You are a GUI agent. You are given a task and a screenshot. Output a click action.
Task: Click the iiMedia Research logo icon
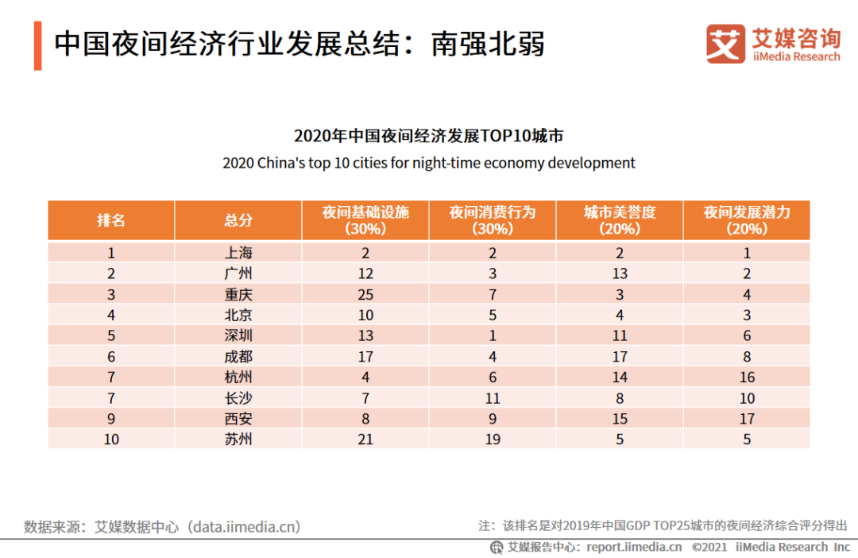(x=725, y=44)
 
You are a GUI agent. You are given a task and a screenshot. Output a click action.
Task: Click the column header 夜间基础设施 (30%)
(x=365, y=220)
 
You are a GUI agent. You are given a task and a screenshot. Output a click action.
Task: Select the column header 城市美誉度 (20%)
(x=620, y=220)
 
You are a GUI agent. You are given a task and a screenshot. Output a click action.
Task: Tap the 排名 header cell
(x=111, y=220)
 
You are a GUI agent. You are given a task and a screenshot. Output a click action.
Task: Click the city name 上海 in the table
(x=238, y=254)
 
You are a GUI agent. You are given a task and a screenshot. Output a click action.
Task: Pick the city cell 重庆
(x=238, y=295)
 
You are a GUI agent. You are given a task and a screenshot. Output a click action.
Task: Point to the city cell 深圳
(x=238, y=336)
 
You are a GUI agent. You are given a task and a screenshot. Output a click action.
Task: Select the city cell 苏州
(x=238, y=439)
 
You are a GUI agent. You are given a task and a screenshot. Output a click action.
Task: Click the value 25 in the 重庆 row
(x=365, y=295)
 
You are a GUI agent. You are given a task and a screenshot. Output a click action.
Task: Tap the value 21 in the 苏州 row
(x=365, y=439)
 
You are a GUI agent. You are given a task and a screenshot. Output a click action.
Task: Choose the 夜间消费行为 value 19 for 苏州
(x=493, y=439)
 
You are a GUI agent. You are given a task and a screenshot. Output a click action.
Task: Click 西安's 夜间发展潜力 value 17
(x=747, y=418)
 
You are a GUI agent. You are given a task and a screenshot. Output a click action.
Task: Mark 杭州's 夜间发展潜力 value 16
(x=747, y=378)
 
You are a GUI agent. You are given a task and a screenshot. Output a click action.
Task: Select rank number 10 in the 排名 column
(x=111, y=439)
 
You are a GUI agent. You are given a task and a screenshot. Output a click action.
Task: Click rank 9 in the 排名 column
(x=111, y=418)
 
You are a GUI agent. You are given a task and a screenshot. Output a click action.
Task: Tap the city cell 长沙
(x=238, y=398)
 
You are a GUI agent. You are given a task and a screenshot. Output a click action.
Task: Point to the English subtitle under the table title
(x=429, y=163)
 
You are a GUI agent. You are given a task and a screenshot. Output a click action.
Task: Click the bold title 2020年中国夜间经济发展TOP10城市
(x=429, y=136)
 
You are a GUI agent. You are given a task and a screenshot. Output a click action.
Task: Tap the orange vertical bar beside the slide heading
(x=37, y=46)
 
